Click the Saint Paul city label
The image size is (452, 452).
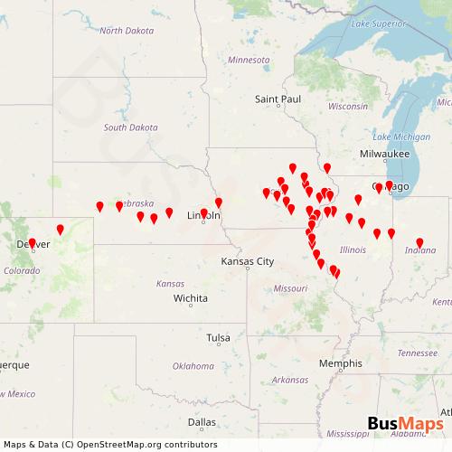point(277,98)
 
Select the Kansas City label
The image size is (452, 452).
point(247,261)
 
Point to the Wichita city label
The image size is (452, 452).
point(191,297)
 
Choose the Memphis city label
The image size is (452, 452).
point(340,363)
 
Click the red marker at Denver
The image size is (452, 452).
point(33,243)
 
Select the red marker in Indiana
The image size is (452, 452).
point(419,242)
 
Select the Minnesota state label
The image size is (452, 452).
point(249,60)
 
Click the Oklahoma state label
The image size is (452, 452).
point(193,366)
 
